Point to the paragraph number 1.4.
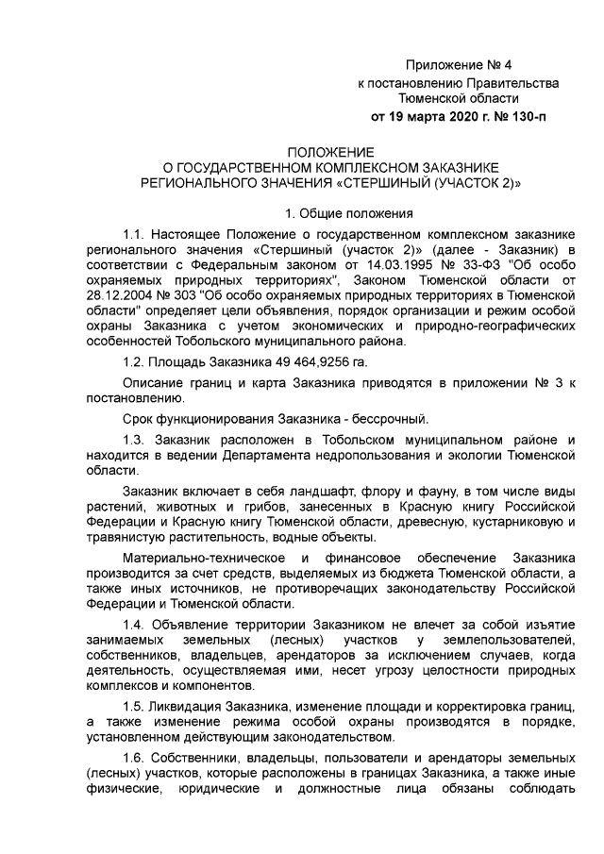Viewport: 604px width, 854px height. (x=135, y=628)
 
